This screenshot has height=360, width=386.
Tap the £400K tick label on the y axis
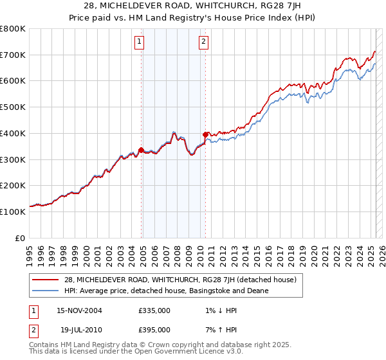(x=13, y=133)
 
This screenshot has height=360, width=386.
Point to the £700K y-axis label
(x=13, y=55)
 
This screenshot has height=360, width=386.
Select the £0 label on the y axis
(x=20, y=238)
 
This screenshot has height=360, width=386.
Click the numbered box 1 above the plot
(x=140, y=42)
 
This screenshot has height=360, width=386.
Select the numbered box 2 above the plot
(x=203, y=42)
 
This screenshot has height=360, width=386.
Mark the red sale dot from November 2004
(x=141, y=150)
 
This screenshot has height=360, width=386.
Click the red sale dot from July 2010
(x=205, y=135)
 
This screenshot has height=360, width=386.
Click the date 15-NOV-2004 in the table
(x=80, y=310)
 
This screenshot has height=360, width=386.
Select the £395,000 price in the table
(x=154, y=329)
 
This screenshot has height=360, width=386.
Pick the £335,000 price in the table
(x=154, y=310)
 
